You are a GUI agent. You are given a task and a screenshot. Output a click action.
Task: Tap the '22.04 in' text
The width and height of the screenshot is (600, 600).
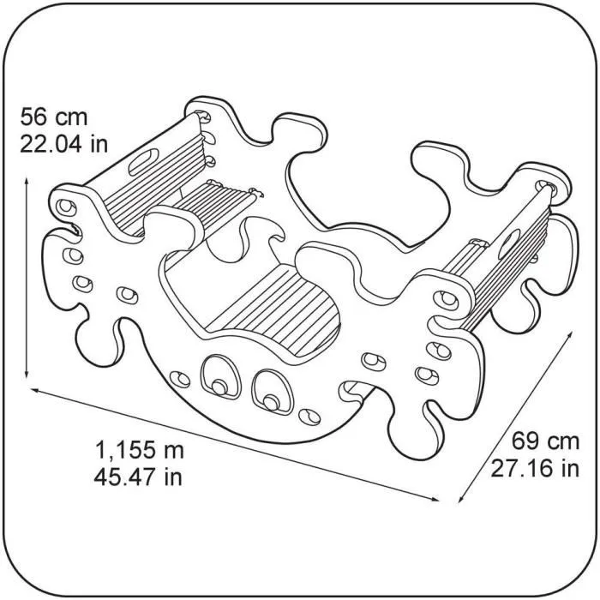pyautogui.click(x=63, y=143)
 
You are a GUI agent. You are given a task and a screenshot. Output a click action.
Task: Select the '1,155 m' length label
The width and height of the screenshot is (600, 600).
pyautogui.click(x=139, y=449)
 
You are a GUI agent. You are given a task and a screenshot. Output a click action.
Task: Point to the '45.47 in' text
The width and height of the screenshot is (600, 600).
pyautogui.click(x=139, y=476)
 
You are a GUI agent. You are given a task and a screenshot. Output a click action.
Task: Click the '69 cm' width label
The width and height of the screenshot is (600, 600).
pyautogui.click(x=545, y=442)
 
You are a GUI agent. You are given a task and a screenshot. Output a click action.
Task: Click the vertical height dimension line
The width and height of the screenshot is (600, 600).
pyautogui.click(x=29, y=274)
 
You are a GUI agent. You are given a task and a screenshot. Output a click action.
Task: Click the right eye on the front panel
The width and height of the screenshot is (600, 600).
pyautogui.click(x=270, y=390)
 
